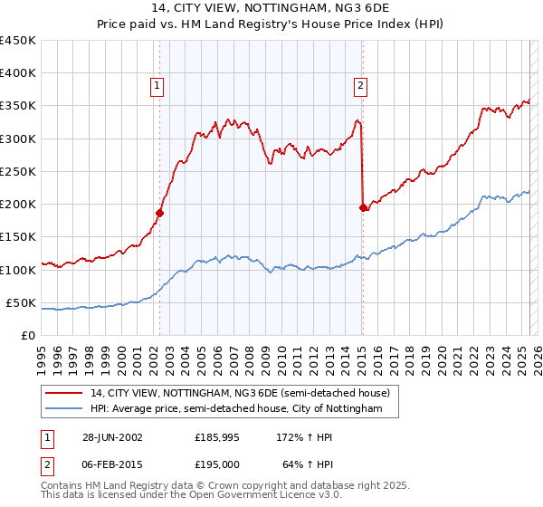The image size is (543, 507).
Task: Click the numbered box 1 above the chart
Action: [157, 86]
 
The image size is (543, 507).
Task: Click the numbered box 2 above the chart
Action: [360, 86]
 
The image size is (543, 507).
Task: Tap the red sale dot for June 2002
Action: [159, 213]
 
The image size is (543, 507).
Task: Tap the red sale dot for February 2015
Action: [363, 207]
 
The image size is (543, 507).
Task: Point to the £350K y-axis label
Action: [18, 106]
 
